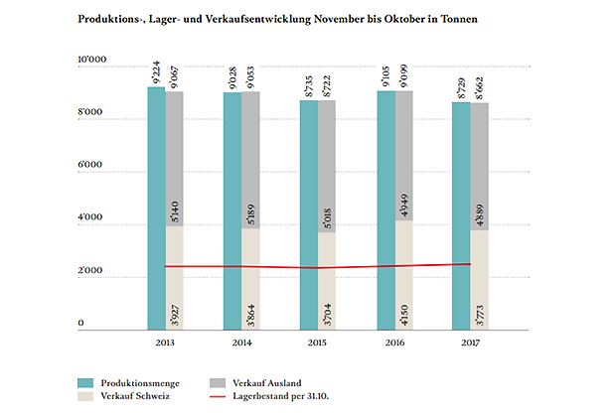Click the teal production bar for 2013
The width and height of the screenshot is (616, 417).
click(x=156, y=208)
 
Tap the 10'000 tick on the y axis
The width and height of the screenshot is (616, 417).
click(x=92, y=63)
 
